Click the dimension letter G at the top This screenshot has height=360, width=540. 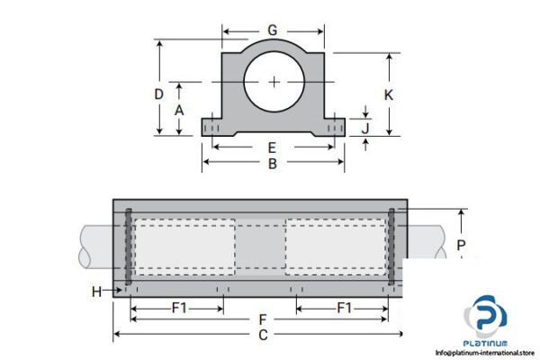pyautogui.click(x=272, y=31)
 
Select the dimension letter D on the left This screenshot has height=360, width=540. pyautogui.click(x=158, y=94)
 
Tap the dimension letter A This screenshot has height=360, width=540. pyautogui.click(x=179, y=109)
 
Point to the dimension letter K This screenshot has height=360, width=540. pyautogui.click(x=389, y=94)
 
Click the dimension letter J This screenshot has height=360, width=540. pyautogui.click(x=365, y=128)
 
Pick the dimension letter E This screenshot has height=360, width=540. pyautogui.click(x=272, y=148)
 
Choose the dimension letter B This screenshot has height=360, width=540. pyautogui.click(x=272, y=164)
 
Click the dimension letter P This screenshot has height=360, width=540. pyautogui.click(x=461, y=245)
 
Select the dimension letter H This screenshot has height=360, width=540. pyautogui.click(x=96, y=291)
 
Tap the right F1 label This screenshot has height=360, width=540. pyautogui.click(x=344, y=307)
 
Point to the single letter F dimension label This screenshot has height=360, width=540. pyautogui.click(x=262, y=319)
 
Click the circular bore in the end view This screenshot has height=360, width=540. pyautogui.click(x=274, y=82)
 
